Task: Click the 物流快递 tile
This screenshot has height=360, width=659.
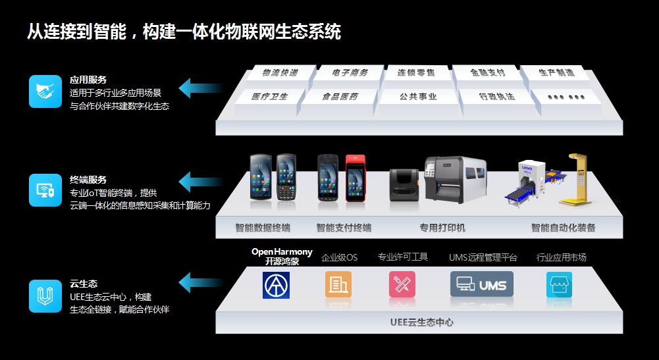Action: (280, 73)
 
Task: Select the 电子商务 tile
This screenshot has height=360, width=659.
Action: (350, 73)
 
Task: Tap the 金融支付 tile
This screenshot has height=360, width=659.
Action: (487, 73)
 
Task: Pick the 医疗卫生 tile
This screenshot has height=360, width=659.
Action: (270, 97)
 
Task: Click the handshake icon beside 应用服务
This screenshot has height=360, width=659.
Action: (45, 91)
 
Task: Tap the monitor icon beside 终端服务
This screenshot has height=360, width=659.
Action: (45, 191)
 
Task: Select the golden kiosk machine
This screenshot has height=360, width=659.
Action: (575, 179)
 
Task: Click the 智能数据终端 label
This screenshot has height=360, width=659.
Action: (263, 228)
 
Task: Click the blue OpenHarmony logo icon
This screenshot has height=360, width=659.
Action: (276, 285)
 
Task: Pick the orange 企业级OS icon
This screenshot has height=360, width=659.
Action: (338, 284)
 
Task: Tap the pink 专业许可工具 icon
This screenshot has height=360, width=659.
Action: (402, 284)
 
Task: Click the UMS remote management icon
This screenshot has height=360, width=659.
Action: (481, 284)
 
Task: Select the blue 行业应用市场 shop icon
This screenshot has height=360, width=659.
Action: (559, 285)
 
